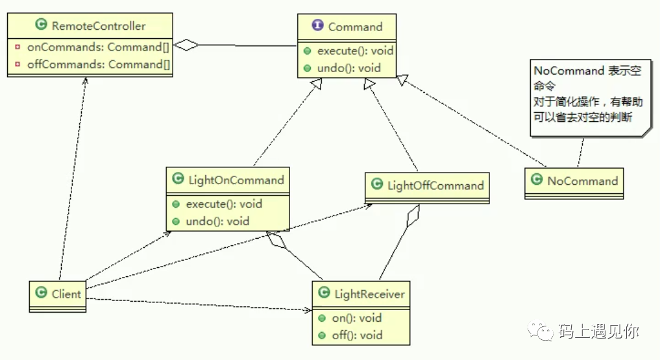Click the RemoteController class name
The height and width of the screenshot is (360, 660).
[x=99, y=26]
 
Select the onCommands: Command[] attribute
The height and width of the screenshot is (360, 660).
[x=98, y=47]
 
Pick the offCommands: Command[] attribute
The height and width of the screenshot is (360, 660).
[x=99, y=64]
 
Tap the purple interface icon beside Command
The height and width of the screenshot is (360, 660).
[x=317, y=25]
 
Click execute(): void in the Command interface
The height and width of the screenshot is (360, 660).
[x=355, y=51]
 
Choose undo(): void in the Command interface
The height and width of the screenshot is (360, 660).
[x=349, y=68]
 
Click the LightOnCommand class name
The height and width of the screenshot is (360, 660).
[x=236, y=180]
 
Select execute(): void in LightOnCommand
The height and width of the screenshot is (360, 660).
[x=224, y=204]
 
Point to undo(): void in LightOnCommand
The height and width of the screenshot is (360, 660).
[x=217, y=221]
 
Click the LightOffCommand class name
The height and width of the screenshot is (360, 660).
[x=435, y=186]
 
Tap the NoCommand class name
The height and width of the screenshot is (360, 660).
[x=583, y=181]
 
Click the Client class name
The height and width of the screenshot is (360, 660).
[x=66, y=294]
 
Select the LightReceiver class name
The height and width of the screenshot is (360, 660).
[x=369, y=294]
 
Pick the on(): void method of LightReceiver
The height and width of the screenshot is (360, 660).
[x=356, y=318]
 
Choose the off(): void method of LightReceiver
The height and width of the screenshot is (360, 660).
[x=357, y=335]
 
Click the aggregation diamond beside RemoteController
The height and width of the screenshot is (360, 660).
[x=186, y=45]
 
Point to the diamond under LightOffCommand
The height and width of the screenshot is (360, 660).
[x=413, y=216]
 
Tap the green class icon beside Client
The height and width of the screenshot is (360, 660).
[x=42, y=293]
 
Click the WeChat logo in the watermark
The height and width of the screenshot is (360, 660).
[x=541, y=331]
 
